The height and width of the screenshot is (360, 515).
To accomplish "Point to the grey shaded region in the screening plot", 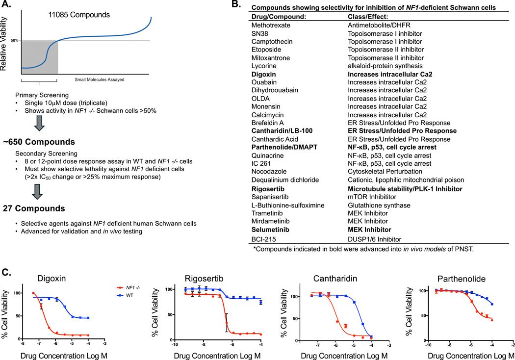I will (39, 56).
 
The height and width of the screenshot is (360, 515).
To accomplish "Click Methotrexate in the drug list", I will (271, 25).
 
